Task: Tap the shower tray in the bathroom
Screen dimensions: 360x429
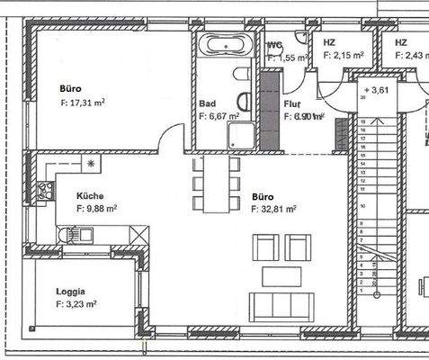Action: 239,136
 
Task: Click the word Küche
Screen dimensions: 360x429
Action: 90,195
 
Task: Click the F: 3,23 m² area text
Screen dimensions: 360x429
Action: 76,305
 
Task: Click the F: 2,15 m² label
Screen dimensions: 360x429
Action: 343,55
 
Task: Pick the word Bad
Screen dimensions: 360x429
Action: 206,103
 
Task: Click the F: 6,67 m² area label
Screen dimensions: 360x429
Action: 219,116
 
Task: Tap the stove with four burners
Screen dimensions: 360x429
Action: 43,190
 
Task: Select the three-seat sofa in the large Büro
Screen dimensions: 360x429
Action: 282,306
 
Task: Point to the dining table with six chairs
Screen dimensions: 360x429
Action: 216,184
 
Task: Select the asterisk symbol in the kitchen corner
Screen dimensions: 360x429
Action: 90,163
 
